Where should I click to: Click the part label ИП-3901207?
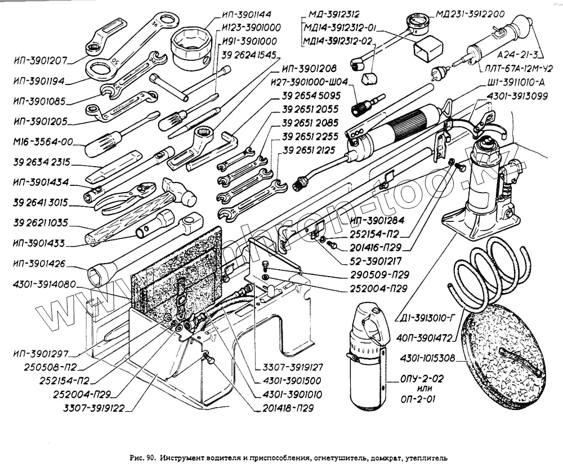coord(40,60)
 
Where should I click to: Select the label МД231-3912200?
coord(470,14)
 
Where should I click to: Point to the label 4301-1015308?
coord(427,358)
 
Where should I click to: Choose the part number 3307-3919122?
coord(93,408)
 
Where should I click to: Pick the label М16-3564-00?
coord(43,142)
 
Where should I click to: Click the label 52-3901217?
coord(376,261)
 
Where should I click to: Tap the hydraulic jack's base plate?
coord(479,225)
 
